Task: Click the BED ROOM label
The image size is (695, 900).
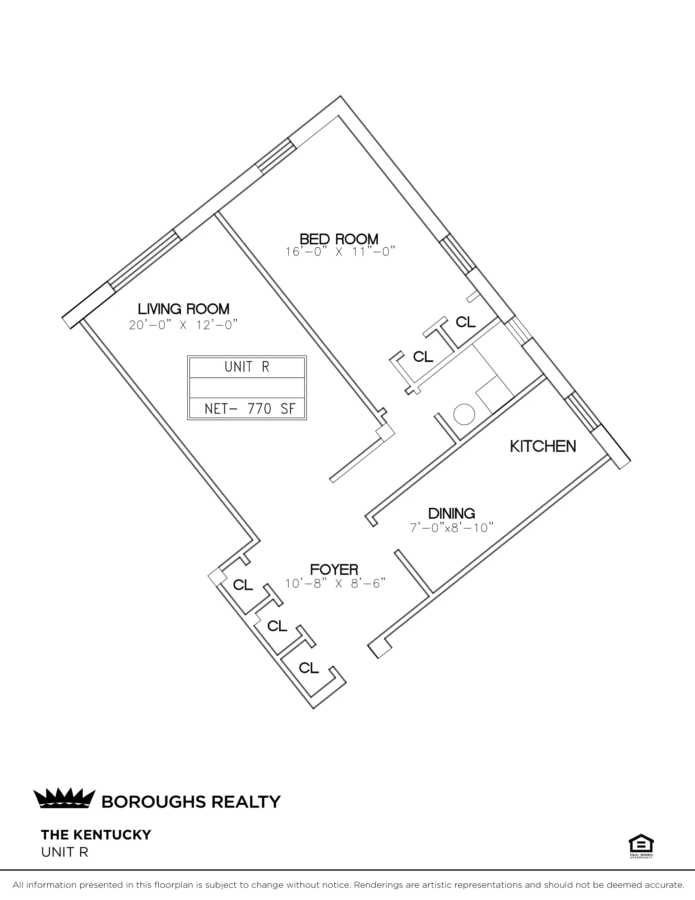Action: point(339,239)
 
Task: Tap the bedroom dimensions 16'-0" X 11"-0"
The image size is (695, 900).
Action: point(340,252)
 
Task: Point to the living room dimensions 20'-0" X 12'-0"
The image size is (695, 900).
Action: point(184,325)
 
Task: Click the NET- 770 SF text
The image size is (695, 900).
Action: point(250,409)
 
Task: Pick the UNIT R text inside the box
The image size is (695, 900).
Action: point(247,367)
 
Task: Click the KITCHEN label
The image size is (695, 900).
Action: point(543,446)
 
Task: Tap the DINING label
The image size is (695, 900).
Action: point(452,514)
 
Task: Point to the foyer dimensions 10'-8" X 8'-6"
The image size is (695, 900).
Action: point(336,584)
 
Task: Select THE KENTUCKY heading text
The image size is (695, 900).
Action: point(96,835)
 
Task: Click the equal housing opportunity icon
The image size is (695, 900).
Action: point(641,845)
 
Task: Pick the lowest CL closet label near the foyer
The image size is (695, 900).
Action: point(309,668)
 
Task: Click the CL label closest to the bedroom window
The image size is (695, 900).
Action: point(466,322)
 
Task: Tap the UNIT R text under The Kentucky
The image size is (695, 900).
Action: point(65,852)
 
